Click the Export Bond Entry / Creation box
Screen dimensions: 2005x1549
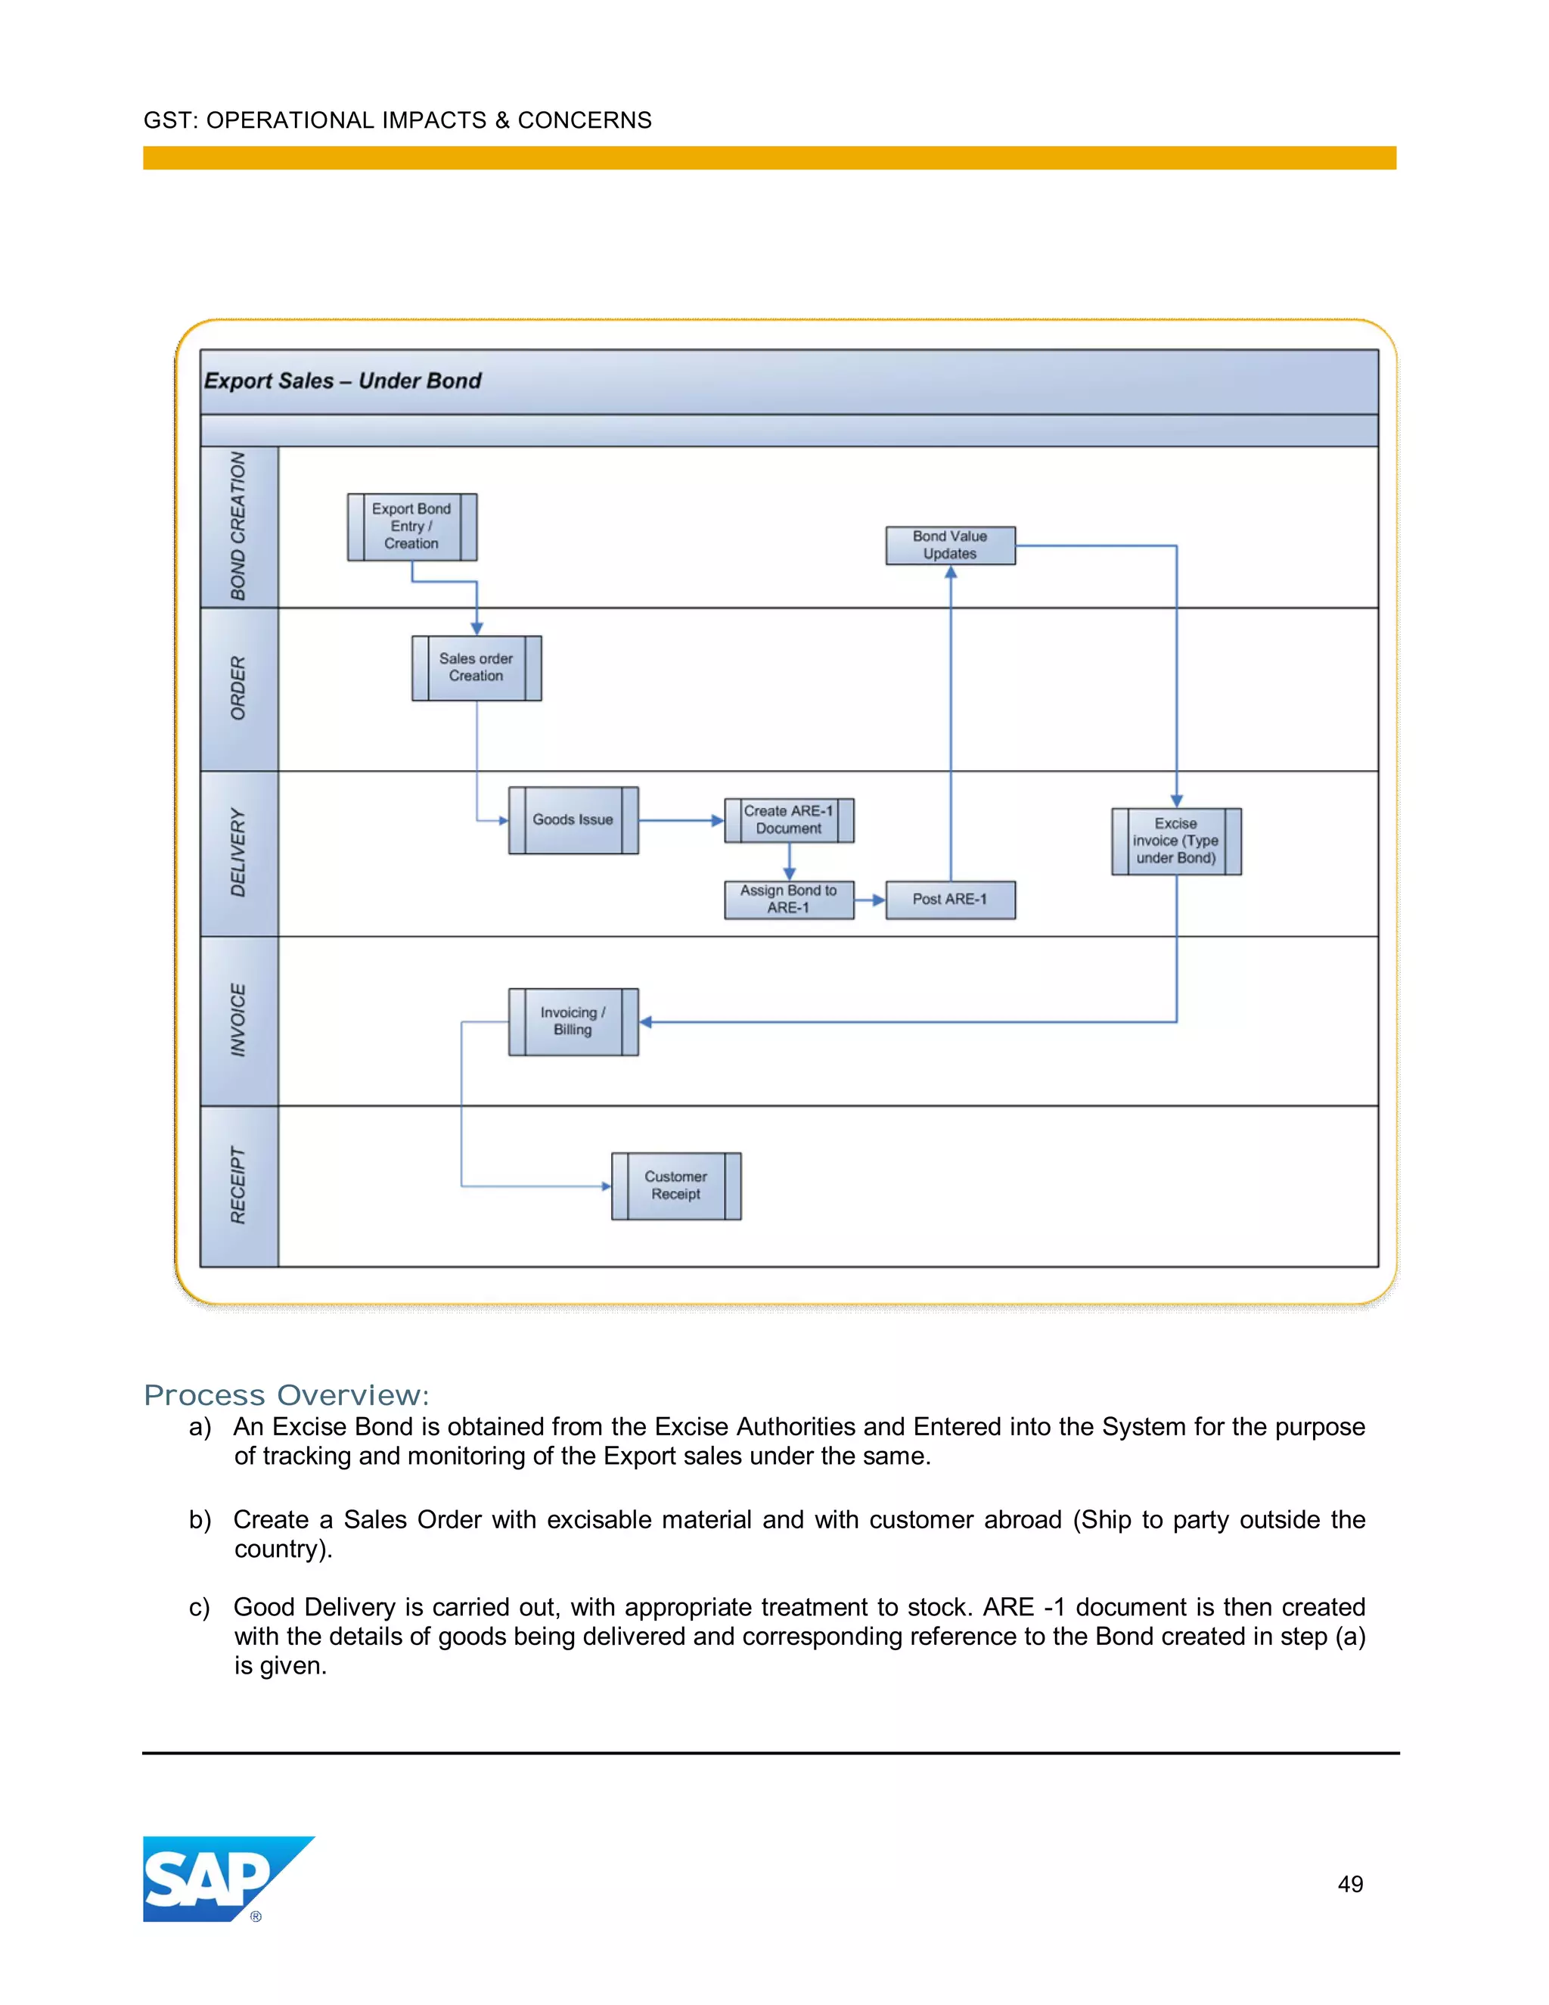[412, 527]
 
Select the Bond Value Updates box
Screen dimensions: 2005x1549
[950, 546]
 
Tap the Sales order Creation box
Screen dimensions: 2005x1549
[476, 667]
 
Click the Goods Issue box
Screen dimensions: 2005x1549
[573, 820]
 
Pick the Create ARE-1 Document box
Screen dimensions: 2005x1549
[788, 820]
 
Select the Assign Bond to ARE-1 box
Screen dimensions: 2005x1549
[788, 900]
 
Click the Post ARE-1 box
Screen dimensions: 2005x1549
[950, 900]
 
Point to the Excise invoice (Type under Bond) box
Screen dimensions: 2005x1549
[1175, 841]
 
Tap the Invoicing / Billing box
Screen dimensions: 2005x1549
[573, 1021]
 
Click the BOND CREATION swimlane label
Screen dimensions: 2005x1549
[238, 526]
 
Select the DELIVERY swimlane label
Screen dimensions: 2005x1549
[238, 853]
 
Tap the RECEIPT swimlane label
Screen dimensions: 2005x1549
[238, 1185]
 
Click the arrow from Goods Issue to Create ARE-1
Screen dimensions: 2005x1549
[680, 821]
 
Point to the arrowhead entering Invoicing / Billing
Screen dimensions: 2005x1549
[646, 1021]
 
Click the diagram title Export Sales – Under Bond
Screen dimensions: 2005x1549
[343, 381]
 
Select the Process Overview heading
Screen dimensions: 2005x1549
[287, 1394]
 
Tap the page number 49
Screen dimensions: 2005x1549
[1350, 1884]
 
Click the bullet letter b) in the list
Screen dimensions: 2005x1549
[200, 1520]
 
